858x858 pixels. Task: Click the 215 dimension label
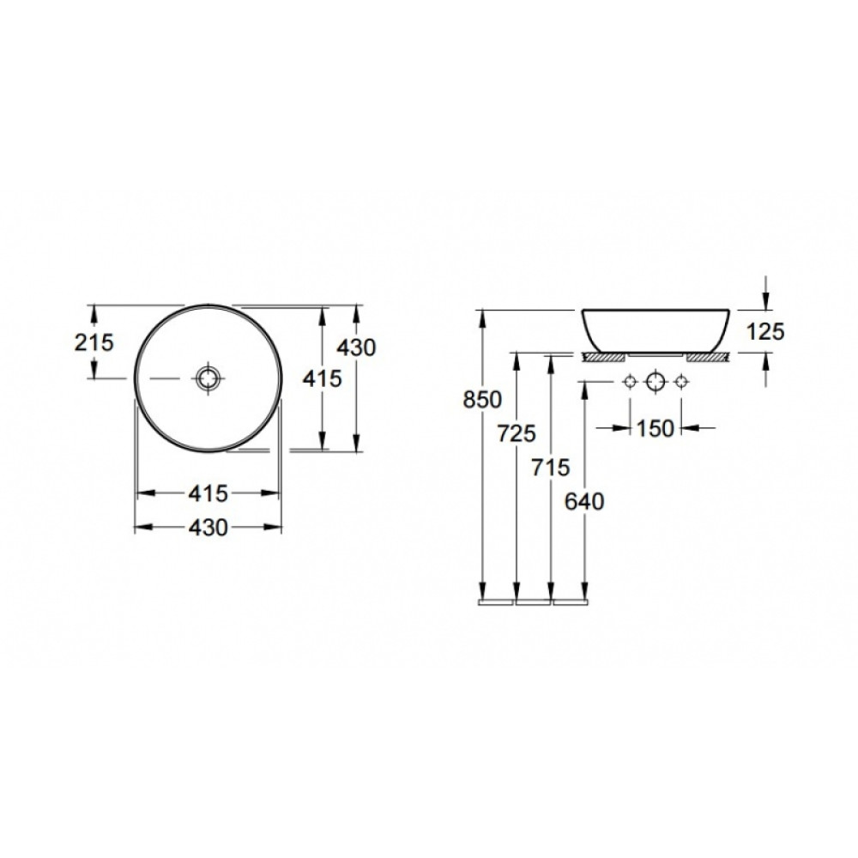click(94, 342)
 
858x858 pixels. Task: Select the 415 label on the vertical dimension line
click(323, 378)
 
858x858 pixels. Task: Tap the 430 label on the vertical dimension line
click(356, 347)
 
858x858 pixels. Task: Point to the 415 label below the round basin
click(208, 493)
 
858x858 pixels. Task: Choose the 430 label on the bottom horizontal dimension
click(208, 528)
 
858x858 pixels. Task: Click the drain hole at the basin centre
click(208, 378)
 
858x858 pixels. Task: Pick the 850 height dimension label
click(482, 400)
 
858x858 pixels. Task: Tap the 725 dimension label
click(517, 433)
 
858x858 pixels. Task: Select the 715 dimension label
click(551, 468)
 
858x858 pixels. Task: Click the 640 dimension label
click(584, 501)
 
